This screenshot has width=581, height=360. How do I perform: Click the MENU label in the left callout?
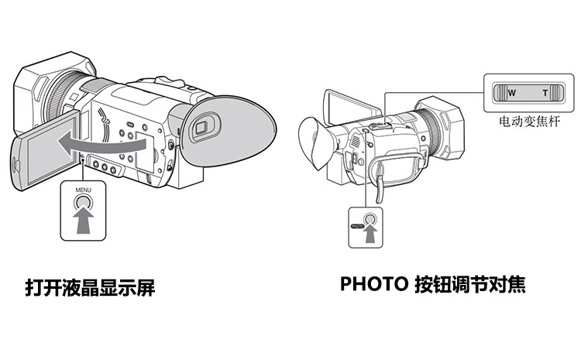click(81, 190)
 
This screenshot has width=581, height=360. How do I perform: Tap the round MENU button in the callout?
click(81, 204)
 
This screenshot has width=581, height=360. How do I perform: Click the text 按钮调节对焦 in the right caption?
click(469, 284)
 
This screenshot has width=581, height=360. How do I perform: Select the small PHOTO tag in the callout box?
click(357, 226)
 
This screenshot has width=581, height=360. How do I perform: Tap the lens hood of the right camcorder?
click(445, 128)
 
